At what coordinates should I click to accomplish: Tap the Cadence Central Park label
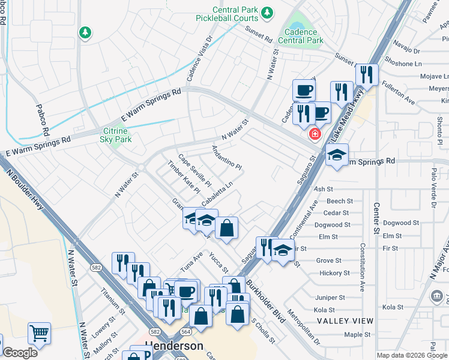[304, 36]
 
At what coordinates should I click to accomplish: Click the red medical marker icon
[313, 134]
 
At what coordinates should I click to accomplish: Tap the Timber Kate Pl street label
[183, 176]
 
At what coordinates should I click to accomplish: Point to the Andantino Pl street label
[226, 157]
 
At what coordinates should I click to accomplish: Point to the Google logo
[20, 353]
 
